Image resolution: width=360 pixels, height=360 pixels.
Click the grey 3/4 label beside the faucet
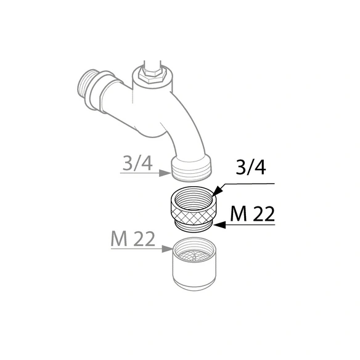pos(137,163)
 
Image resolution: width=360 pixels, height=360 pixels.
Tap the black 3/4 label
pos(251,167)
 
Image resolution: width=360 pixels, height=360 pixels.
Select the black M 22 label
pos(253,213)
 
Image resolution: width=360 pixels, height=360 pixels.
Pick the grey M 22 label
pos(133,239)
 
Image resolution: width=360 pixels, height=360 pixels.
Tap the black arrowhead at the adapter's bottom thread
pos(220,225)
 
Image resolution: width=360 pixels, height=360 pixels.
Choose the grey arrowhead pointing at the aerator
pos(168,248)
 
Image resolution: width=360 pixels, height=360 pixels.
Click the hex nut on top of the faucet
pos(152,75)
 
